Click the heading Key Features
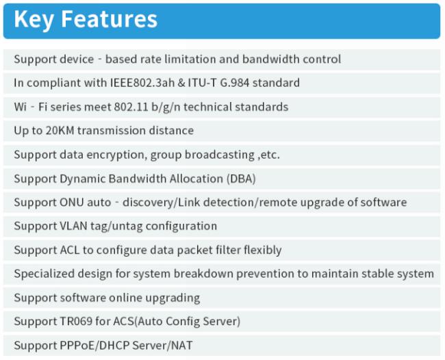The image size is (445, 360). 86,19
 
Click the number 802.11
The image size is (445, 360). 131,107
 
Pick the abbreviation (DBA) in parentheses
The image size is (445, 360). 241,179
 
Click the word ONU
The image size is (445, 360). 71,203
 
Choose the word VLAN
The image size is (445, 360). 73,226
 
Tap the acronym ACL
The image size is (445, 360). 70,250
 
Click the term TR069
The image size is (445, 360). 76,322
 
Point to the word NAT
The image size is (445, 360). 182,346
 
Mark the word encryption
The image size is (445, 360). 116,155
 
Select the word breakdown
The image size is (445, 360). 203,274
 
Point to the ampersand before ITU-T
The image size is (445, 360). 181,83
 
